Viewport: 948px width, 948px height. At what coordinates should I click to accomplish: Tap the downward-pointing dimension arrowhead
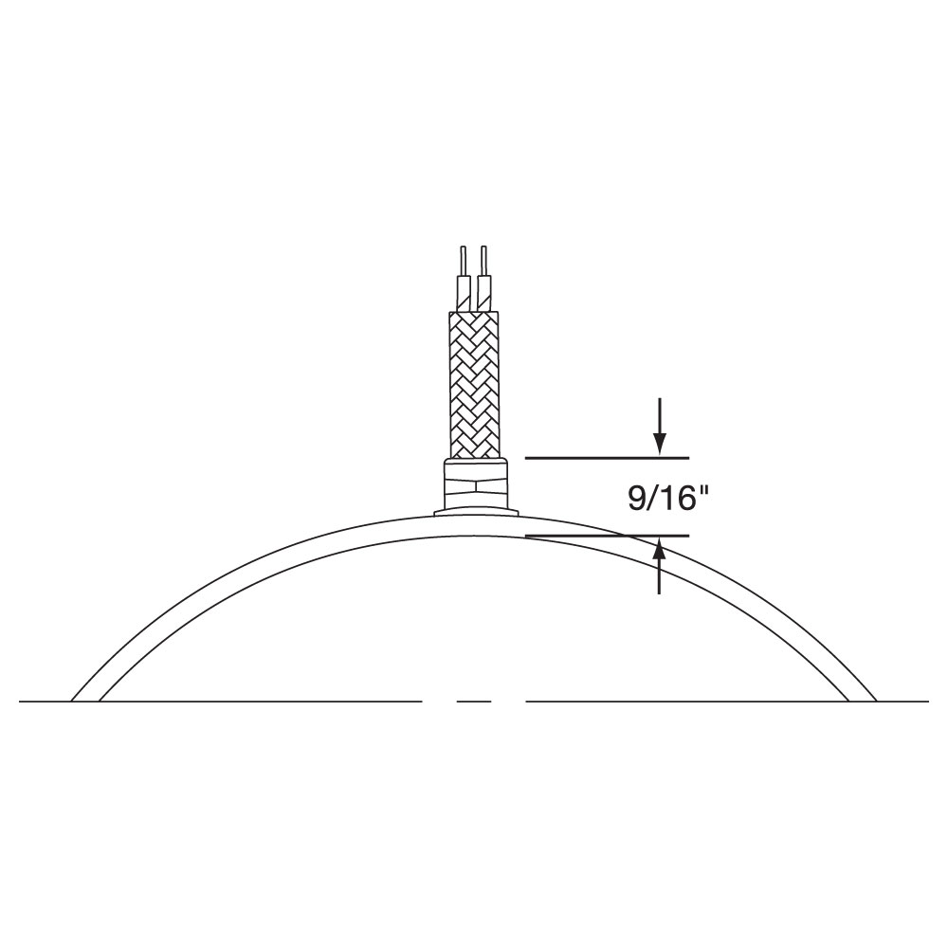pos(660,443)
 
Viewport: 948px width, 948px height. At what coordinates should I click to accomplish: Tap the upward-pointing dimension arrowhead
pos(660,550)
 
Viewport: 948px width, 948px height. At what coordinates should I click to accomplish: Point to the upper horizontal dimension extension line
pos(607,458)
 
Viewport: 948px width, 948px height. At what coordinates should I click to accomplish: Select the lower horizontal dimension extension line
pos(607,536)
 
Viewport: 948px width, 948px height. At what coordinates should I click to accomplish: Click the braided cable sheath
pos(474,385)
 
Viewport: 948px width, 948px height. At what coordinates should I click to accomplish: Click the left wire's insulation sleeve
pos(465,293)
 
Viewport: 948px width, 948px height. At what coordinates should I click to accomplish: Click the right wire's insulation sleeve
pos(483,293)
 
